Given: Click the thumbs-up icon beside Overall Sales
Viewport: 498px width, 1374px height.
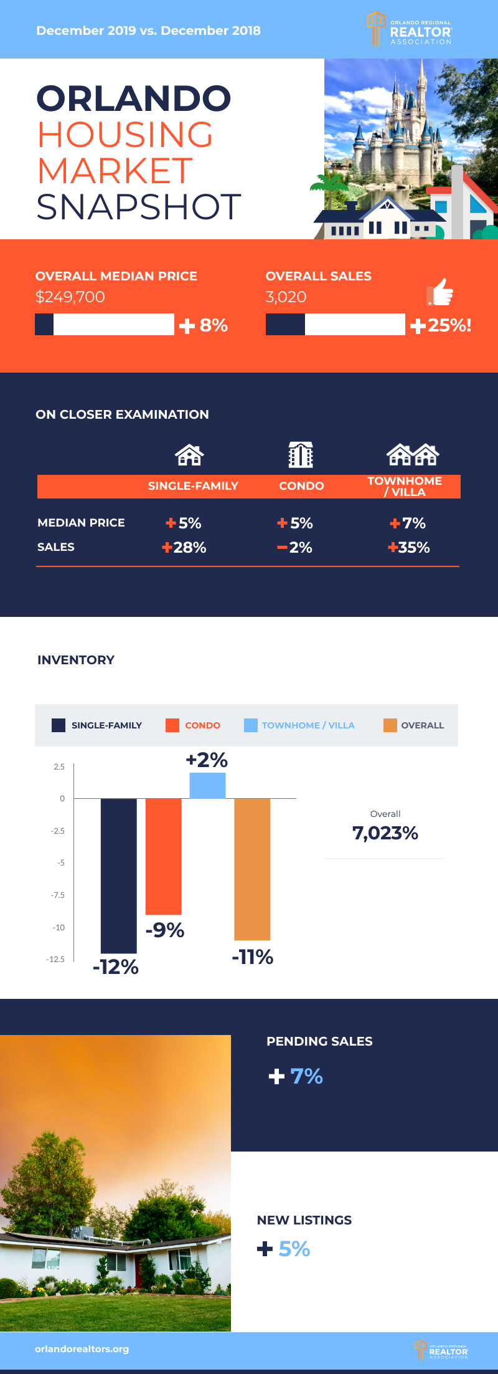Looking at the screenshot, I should click(440, 292).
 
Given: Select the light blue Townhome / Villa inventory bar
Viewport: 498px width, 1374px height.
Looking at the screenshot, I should click(207, 785).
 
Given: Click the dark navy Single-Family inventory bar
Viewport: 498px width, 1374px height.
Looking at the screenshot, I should click(118, 875).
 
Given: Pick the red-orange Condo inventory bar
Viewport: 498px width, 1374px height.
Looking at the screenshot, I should click(163, 856).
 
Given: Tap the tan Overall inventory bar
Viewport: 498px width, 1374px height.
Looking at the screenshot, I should click(252, 869).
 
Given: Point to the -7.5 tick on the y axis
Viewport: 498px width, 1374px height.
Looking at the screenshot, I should click(58, 895).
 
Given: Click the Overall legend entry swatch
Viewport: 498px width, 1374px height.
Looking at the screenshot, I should click(390, 725).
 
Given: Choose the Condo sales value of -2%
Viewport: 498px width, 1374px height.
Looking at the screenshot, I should click(295, 547).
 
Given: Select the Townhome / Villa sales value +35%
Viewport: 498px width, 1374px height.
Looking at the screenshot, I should click(409, 547).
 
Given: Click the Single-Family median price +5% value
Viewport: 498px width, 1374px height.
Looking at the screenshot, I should click(184, 523).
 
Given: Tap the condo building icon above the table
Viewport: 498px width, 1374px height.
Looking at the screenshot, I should click(301, 454).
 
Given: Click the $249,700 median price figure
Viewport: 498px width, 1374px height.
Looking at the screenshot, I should click(70, 297).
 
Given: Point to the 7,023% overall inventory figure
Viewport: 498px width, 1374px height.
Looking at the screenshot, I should click(385, 833).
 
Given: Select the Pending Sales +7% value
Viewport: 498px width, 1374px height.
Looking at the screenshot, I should click(296, 1076).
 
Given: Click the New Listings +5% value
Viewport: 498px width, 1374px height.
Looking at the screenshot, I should click(284, 1249).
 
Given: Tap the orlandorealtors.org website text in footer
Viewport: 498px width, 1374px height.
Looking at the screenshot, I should click(82, 1349).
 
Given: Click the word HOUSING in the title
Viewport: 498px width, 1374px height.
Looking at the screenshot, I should click(125, 135).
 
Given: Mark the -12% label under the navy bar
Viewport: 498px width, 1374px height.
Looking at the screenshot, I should click(116, 966).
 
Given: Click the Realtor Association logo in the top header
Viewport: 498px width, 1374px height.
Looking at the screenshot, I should click(410, 29).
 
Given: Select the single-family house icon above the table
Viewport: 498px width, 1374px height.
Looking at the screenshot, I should click(189, 455).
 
